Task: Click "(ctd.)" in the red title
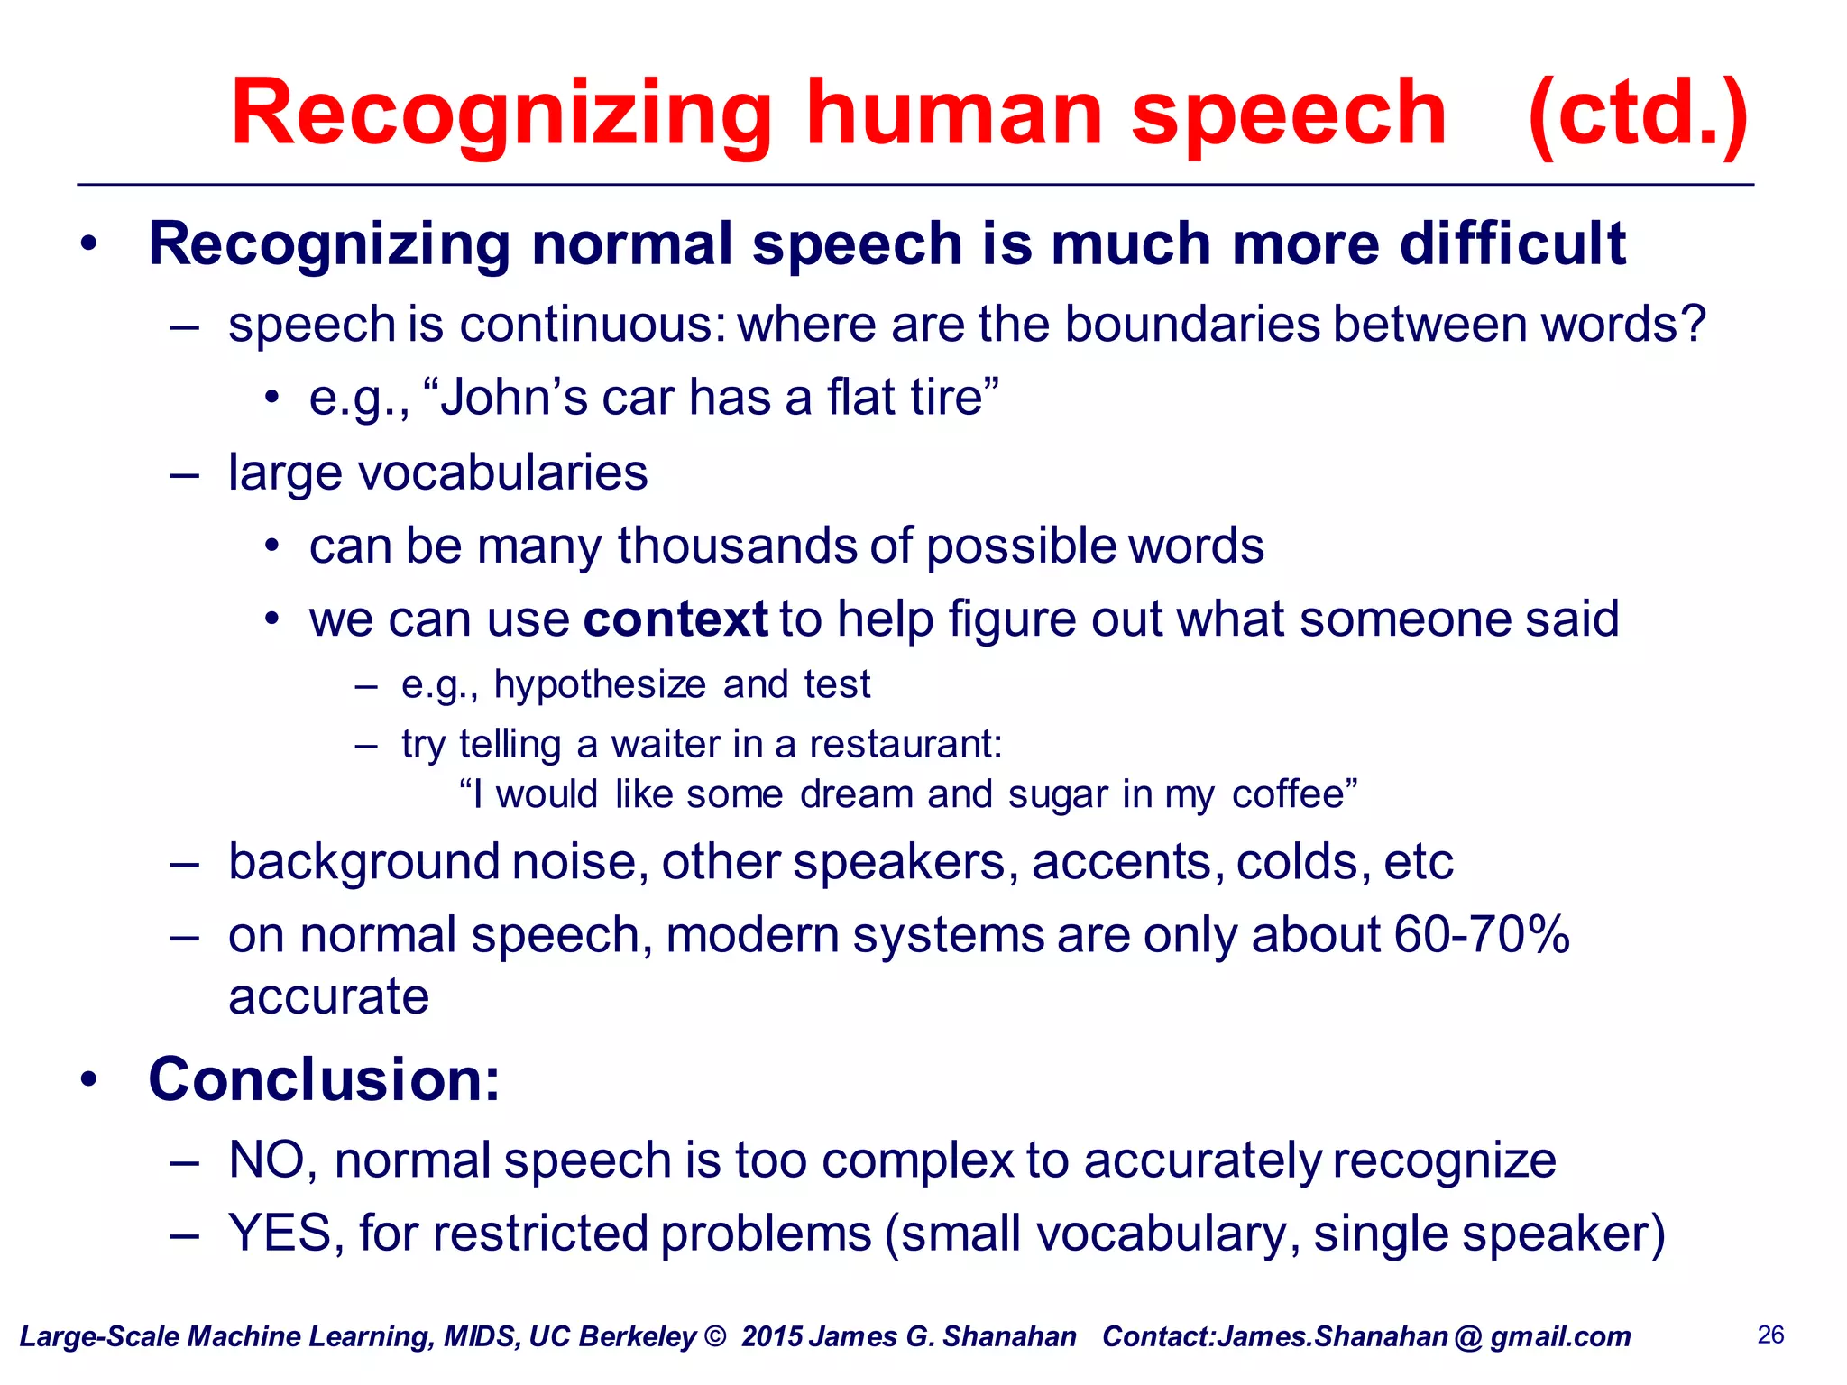coord(1638,114)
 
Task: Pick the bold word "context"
coord(675,619)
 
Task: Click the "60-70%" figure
coord(1482,934)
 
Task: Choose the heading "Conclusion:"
coord(324,1079)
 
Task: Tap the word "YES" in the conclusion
coord(280,1234)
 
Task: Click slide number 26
coord(1770,1335)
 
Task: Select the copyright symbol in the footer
coord(714,1336)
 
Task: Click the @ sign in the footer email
coord(1467,1337)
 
